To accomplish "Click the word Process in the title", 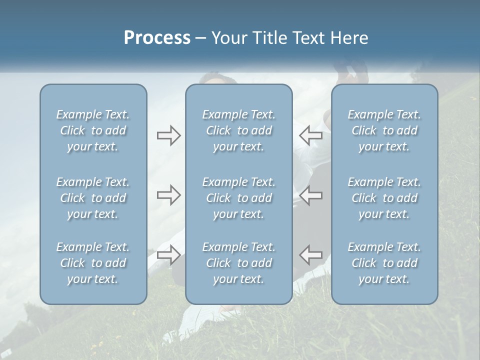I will click(157, 38).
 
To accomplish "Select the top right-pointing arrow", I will click(169, 135).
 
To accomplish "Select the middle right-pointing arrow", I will click(169, 195).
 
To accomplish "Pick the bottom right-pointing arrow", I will click(169, 254).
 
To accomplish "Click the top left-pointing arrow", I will click(310, 135).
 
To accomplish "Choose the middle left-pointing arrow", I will click(310, 195).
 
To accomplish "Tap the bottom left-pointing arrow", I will click(310, 254).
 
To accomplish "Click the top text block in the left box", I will click(93, 130).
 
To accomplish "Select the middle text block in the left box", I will click(93, 198).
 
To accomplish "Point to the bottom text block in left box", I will click(93, 263).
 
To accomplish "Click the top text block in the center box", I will click(238, 130).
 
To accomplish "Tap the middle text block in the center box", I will click(238, 198).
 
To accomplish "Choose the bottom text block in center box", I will click(238, 263).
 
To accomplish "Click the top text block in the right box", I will click(384, 130).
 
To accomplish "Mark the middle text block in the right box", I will click(384, 198).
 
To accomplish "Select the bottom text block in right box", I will click(384, 263).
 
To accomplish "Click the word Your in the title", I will click(228, 38).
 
